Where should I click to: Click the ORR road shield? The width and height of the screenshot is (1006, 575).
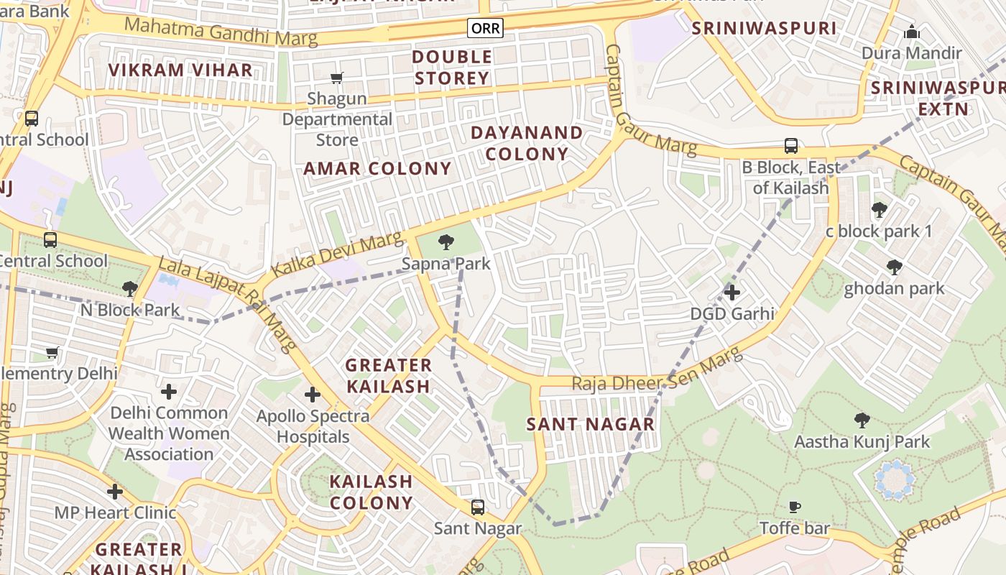[x=485, y=28]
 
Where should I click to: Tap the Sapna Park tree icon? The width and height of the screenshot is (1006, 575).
[x=446, y=241]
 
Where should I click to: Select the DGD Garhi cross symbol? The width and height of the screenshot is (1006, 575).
[x=732, y=293]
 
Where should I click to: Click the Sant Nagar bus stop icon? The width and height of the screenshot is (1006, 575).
[x=478, y=507]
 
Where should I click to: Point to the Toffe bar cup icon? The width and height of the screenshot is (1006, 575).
[x=795, y=507]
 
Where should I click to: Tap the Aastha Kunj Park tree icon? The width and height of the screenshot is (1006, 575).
[x=862, y=420]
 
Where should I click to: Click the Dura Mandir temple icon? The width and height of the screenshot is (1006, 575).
[x=912, y=32]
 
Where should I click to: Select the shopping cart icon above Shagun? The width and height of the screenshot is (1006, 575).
[x=336, y=78]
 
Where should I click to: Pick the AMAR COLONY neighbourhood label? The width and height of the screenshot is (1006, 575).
[x=377, y=169]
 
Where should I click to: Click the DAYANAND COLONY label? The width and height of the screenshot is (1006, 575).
[x=527, y=144]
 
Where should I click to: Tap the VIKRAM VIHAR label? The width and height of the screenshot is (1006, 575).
[x=180, y=70]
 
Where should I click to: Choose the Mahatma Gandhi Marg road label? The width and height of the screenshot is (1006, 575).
[x=221, y=32]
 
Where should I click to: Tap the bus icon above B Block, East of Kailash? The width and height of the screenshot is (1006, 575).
[x=791, y=146]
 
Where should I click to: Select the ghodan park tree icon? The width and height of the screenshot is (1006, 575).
[x=895, y=268]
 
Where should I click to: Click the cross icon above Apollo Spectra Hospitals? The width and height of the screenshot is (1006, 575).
[x=313, y=395]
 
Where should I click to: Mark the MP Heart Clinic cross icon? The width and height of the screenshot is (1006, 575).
[x=115, y=492]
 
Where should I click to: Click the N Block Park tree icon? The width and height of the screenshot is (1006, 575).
[x=130, y=289]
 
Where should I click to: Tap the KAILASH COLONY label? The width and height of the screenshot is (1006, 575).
[x=372, y=492]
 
